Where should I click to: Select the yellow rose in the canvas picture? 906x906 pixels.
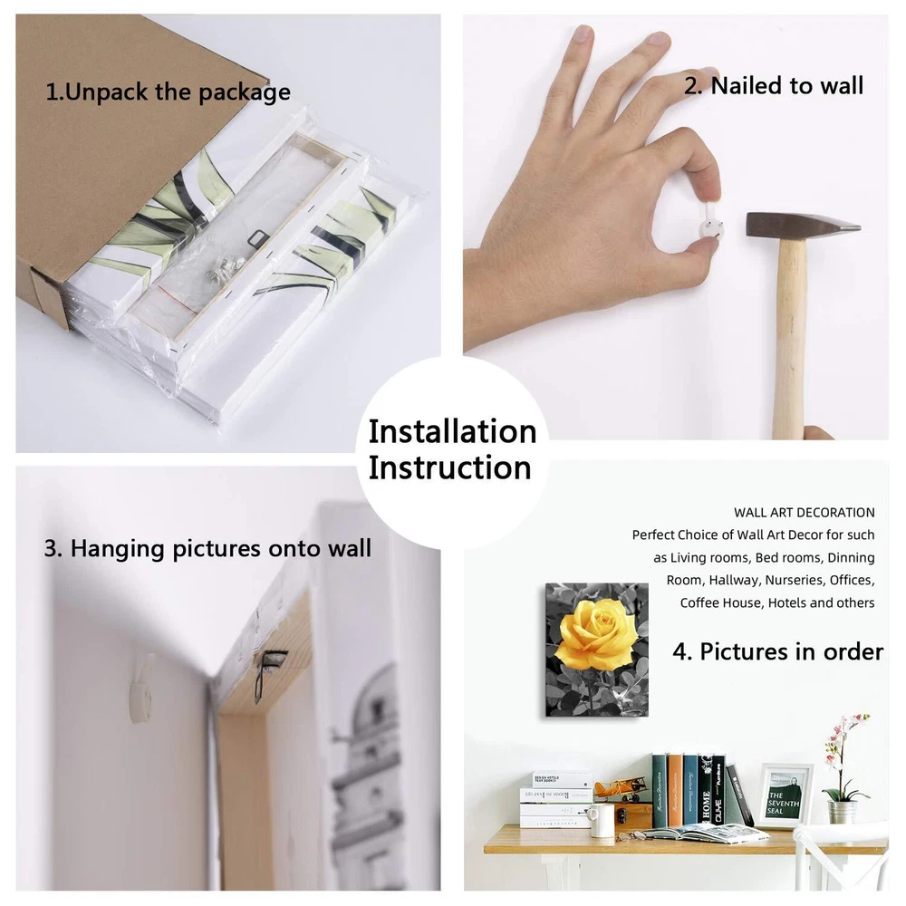tap(597, 635)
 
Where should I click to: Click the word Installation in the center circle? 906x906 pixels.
tap(452, 431)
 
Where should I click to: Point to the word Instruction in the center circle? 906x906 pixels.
tap(449, 467)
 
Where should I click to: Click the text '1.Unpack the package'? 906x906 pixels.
tap(168, 92)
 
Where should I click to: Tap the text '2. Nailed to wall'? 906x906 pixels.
tap(774, 85)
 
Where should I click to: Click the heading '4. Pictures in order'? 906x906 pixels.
tap(777, 651)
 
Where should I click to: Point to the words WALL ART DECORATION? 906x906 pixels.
tap(804, 513)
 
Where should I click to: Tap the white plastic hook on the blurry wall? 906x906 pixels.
tap(141, 689)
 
